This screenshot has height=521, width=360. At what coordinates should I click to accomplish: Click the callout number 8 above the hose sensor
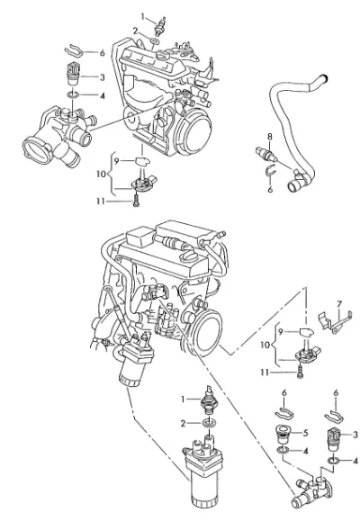(270, 136)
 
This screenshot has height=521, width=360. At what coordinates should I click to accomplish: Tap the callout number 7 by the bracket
(338, 304)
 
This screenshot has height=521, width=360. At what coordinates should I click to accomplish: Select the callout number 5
(305, 433)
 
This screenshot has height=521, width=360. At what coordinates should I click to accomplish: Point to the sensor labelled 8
(265, 152)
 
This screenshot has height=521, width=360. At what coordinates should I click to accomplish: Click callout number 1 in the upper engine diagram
(143, 16)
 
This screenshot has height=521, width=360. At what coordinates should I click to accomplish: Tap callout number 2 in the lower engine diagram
(183, 423)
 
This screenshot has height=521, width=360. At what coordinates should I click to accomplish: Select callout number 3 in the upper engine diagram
(102, 77)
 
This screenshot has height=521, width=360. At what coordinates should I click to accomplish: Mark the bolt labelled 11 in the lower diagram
(301, 373)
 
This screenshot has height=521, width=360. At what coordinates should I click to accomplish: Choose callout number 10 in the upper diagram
(102, 174)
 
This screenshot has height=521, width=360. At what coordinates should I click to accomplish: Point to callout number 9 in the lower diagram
(281, 332)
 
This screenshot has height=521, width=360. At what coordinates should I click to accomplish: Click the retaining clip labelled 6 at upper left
(74, 50)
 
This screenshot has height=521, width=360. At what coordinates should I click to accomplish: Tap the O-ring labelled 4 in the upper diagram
(73, 95)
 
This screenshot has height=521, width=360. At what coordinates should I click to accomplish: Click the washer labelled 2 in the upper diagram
(155, 41)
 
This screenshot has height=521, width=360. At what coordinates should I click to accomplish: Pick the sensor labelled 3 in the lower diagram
(333, 438)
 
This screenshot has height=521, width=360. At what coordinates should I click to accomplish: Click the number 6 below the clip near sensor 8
(270, 189)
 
